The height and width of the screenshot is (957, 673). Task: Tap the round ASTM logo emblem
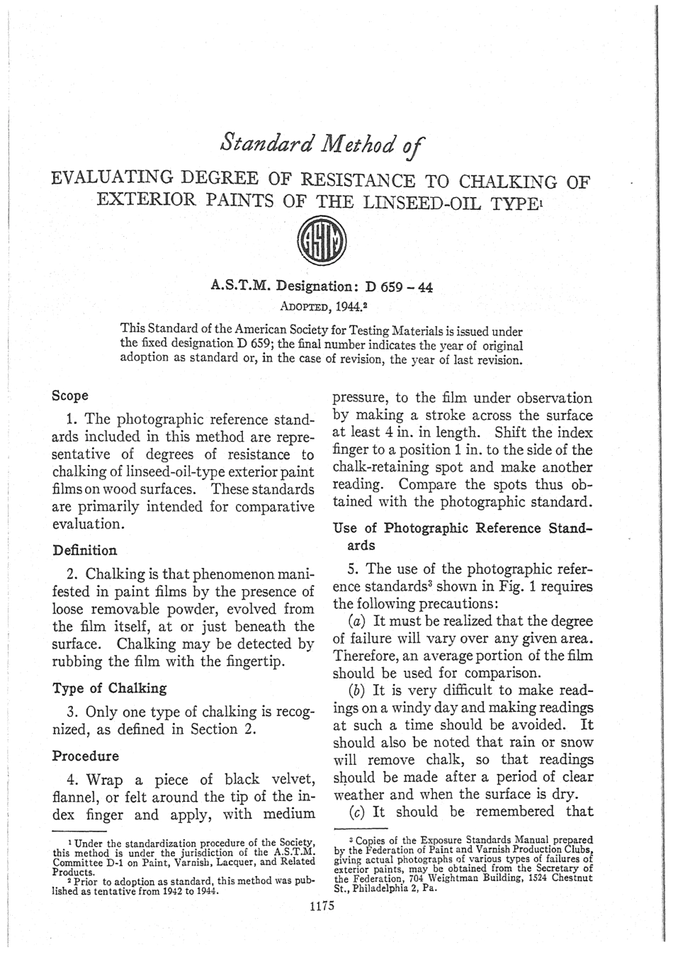coord(323,242)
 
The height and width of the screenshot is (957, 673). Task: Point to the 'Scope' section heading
coord(71,396)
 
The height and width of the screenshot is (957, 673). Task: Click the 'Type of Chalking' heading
coord(110,688)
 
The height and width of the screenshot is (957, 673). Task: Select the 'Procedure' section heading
coord(86,756)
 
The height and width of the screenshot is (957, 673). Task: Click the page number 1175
coord(322,905)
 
